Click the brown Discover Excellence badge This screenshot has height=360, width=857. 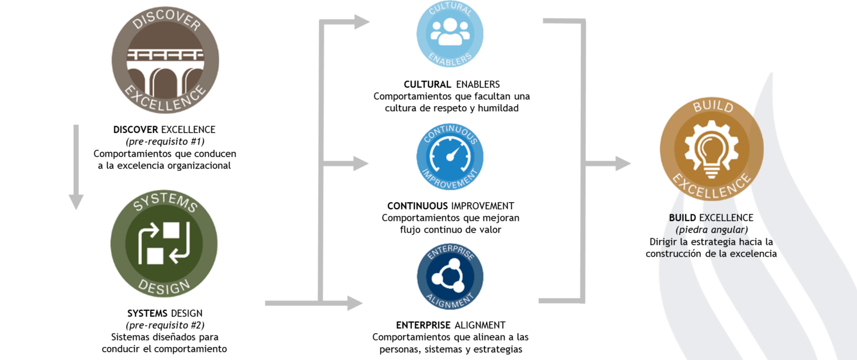click(x=165, y=60)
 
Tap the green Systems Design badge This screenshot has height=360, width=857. click(x=164, y=243)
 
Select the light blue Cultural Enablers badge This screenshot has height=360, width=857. click(x=450, y=34)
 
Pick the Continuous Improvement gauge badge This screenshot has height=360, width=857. click(x=450, y=157)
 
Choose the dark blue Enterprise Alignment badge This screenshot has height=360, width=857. click(x=450, y=276)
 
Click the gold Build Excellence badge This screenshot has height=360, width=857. click(x=712, y=149)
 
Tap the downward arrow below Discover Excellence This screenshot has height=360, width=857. click(x=76, y=167)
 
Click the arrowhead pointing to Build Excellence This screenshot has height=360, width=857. click(x=623, y=163)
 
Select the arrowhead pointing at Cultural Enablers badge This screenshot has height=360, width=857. click(x=362, y=22)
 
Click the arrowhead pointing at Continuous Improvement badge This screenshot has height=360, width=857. click(x=361, y=163)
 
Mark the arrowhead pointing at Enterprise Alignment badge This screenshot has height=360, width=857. click(x=355, y=303)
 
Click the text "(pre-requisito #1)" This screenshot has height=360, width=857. click(x=165, y=142)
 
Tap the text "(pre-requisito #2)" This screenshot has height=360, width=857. click(x=165, y=325)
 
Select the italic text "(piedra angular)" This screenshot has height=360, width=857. click(x=712, y=230)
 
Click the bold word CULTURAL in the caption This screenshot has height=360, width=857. click(x=427, y=84)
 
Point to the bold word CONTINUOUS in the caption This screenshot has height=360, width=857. click(x=418, y=206)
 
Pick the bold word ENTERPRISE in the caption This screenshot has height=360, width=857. click(x=423, y=325)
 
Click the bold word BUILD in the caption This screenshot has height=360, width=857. click(x=683, y=218)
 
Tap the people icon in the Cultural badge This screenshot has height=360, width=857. click(x=450, y=32)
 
